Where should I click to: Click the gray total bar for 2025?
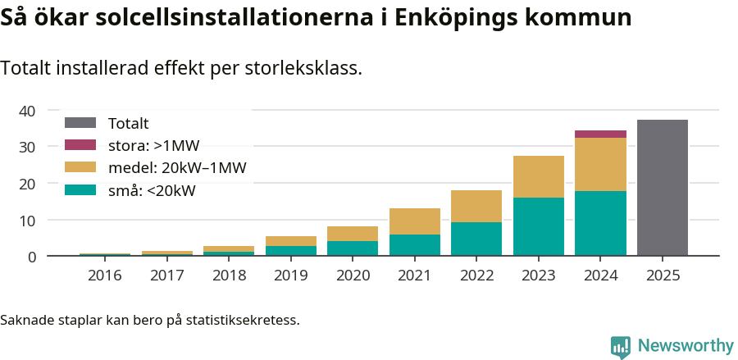(662, 188)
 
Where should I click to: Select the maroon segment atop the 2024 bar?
(600, 134)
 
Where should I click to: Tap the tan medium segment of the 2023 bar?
(538, 176)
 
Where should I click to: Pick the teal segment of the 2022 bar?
(476, 239)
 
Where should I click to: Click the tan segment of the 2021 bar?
(414, 221)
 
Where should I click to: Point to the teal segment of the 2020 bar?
(352, 248)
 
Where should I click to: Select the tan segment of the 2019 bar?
(290, 241)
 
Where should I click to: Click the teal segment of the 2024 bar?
(600, 223)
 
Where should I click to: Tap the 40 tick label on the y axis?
(27, 111)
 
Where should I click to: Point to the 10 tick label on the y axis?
(27, 221)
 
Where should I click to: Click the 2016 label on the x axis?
(104, 276)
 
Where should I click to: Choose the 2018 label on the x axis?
(228, 276)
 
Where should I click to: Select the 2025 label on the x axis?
(662, 276)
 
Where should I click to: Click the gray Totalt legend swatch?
(80, 123)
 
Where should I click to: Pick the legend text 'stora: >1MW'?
(153, 146)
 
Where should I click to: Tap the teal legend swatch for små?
(80, 190)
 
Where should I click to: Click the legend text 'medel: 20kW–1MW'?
(177, 168)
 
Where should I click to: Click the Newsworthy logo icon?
(621, 346)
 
